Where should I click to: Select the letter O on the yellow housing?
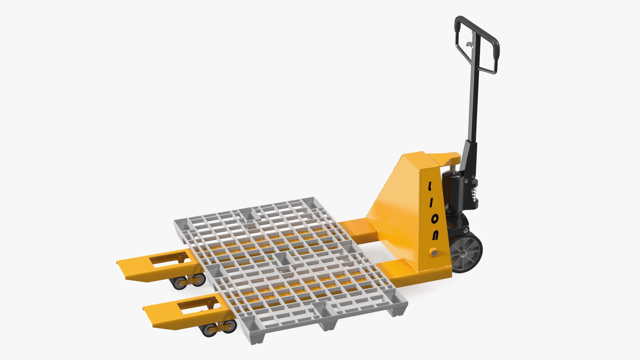pos(434,219)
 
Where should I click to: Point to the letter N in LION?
pos(435,235)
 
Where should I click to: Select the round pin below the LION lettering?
pos(433,252)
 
